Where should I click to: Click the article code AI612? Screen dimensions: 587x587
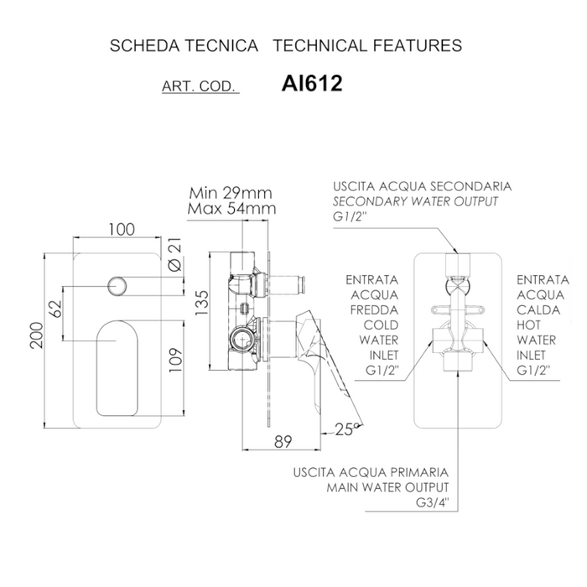(x=312, y=83)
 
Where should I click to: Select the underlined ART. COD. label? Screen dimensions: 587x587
(x=200, y=86)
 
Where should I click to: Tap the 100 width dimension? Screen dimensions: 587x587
(x=122, y=230)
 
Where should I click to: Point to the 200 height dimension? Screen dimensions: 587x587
(x=37, y=335)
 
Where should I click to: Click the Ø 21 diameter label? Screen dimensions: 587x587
(x=174, y=255)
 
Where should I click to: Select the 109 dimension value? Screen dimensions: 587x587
(x=175, y=360)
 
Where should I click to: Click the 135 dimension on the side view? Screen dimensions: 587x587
(x=202, y=303)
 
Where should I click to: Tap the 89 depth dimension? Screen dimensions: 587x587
(x=283, y=442)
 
